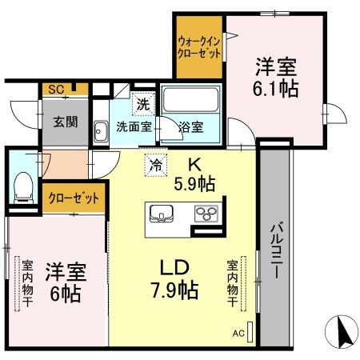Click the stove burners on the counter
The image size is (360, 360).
pyautogui.click(x=206, y=214)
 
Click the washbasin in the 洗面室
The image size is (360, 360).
pyautogui.click(x=102, y=130)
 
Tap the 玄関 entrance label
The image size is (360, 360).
pyautogui.click(x=66, y=122)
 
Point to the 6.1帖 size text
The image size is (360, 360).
pyautogui.click(x=276, y=87)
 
